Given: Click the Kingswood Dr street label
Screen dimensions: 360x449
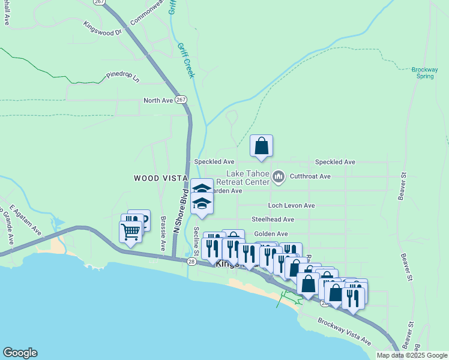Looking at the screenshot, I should pos(103,28).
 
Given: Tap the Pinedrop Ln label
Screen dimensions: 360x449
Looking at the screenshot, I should pos(122,77).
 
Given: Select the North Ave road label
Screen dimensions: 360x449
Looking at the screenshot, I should pos(158,101).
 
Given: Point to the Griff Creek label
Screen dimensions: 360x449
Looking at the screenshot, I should pos(185,59).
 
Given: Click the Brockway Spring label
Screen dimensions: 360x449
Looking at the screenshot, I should pos(425,73).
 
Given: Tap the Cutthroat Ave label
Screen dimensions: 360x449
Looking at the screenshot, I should pos(310,176).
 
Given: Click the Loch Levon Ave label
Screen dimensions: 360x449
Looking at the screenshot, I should pos(291,205).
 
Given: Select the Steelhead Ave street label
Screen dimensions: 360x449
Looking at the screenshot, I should pos(273,220).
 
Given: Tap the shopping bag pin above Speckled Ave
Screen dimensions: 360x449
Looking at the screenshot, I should pos(262,145).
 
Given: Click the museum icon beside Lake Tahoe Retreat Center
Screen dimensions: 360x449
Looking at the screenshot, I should pos(278,176).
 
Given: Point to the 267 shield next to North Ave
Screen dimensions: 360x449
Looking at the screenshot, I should pos(182,101).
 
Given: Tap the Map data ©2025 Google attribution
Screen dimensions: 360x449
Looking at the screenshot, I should pos(412,355).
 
